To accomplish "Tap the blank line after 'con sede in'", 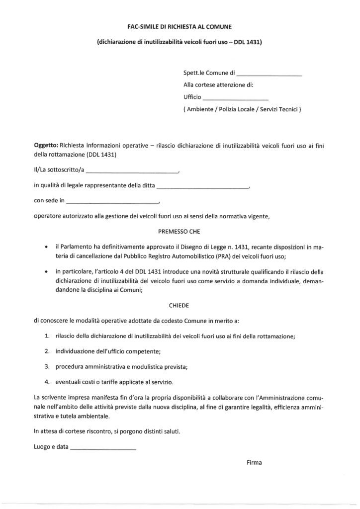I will (112, 203).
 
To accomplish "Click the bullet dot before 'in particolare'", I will (46, 272).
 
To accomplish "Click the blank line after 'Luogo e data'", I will (103, 449).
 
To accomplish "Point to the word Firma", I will (254, 462).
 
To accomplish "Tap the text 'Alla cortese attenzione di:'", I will (218, 85).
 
